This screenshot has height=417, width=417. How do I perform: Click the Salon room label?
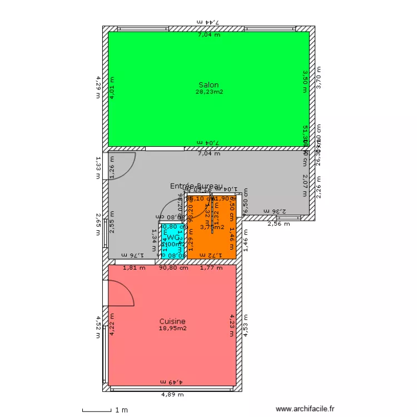coord(209,85)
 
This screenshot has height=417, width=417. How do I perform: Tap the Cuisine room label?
coord(172,321)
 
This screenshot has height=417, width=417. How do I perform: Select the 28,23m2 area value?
coord(209,92)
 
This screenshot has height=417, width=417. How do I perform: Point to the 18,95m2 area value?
coord(172,329)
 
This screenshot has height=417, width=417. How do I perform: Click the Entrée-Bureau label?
coord(196,186)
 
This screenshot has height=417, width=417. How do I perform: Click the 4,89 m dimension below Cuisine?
coord(172,395)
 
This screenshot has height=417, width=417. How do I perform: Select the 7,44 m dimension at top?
coord(209,22)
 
